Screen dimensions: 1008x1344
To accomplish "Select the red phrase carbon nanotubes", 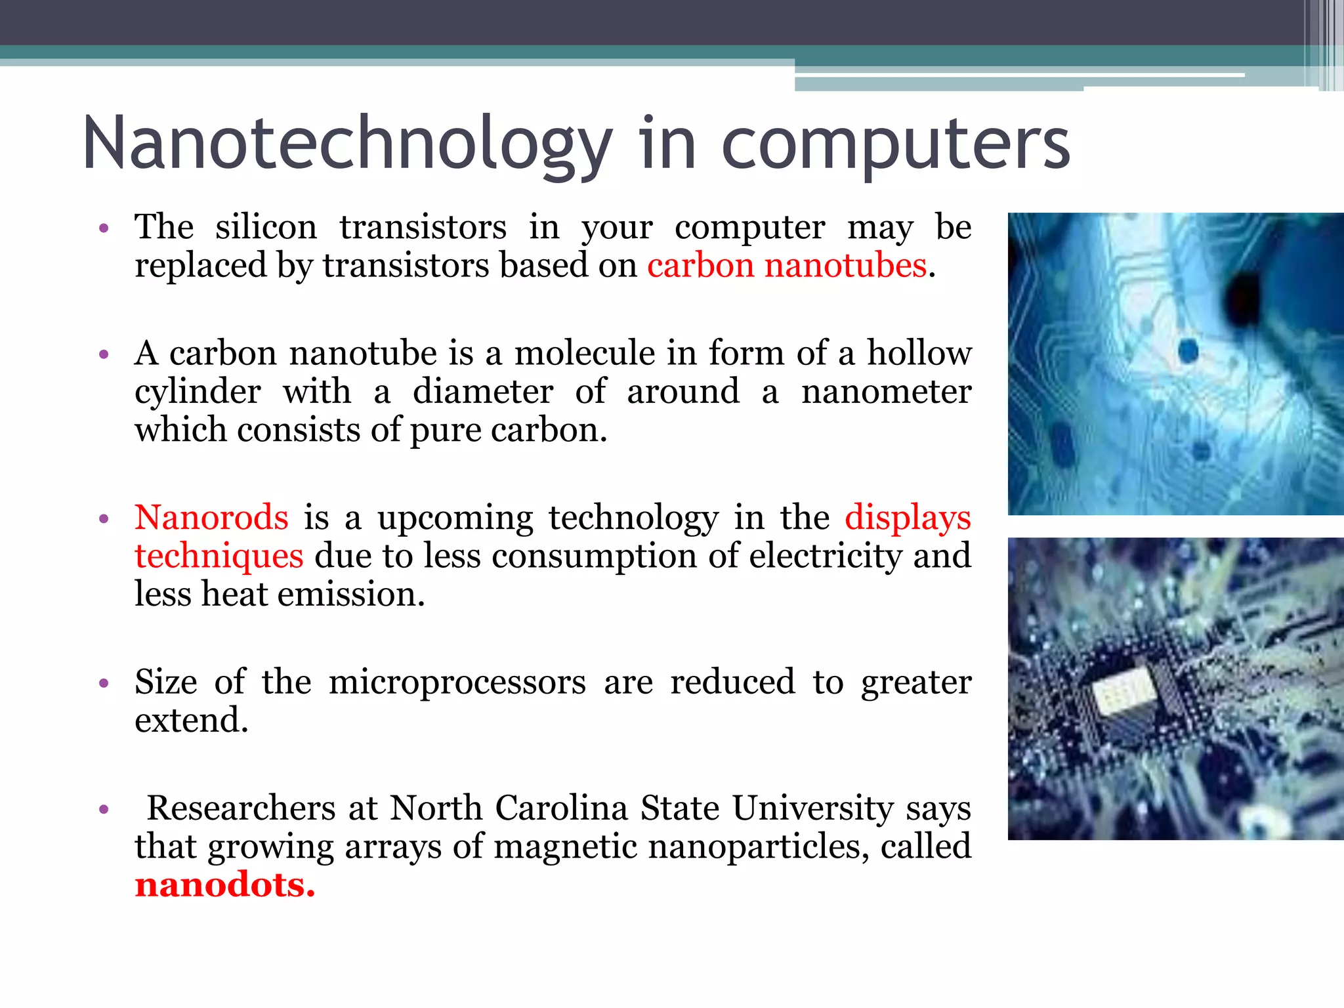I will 787,266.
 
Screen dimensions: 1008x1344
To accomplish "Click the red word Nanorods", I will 211,518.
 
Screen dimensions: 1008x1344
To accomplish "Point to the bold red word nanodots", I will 224,885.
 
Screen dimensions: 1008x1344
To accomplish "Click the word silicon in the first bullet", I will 266,227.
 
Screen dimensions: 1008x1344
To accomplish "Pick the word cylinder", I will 198,392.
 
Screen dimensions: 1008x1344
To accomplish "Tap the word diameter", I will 482,392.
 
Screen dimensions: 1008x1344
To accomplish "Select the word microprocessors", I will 457,682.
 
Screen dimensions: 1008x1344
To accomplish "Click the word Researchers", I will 241,808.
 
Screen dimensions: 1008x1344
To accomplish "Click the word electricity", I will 825,556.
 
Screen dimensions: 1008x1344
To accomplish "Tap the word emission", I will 351,595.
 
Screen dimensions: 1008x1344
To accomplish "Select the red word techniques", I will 219,556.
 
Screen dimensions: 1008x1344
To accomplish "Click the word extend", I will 191,721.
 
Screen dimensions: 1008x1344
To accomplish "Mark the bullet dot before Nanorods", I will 103,519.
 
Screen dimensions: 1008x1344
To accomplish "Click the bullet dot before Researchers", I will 103,809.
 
